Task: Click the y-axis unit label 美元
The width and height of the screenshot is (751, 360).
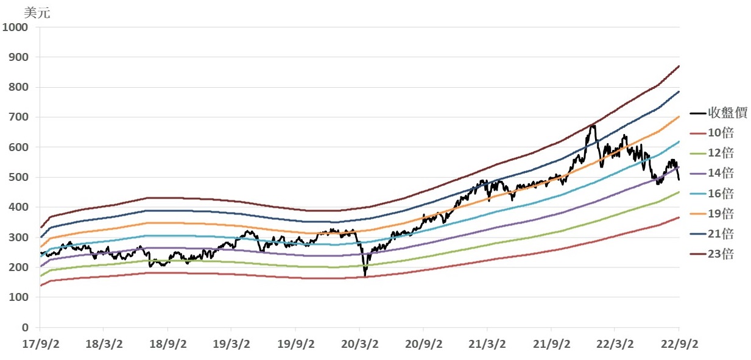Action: coord(37,13)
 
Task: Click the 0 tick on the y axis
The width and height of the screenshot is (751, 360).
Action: coord(26,328)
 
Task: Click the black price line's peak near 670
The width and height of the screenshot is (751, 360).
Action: coord(593,125)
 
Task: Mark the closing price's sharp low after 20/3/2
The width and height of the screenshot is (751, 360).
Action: coord(365,275)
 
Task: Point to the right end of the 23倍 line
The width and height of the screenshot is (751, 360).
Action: coord(679,66)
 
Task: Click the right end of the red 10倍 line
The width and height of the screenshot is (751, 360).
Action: coord(679,217)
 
